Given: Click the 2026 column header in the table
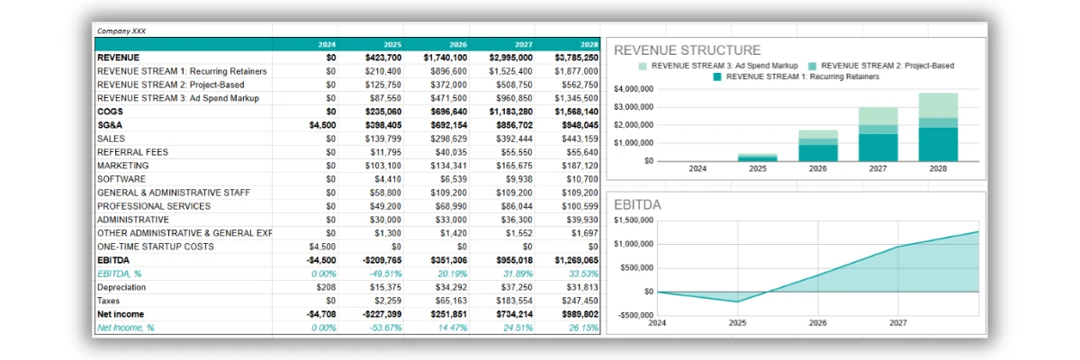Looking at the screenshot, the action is click(x=457, y=44).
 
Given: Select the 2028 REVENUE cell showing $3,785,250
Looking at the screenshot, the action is click(x=576, y=58).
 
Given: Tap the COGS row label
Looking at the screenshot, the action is click(x=110, y=112).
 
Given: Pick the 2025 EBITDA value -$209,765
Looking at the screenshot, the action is click(x=382, y=260).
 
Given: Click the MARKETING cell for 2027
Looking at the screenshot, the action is click(x=515, y=166).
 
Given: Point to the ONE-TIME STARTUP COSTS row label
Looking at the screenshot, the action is click(x=155, y=247).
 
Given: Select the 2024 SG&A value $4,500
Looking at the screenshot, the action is click(x=322, y=125).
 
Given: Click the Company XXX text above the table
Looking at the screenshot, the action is click(x=121, y=31).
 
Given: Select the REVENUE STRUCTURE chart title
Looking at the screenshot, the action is click(x=687, y=50).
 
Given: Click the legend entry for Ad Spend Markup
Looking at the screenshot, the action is click(x=718, y=66).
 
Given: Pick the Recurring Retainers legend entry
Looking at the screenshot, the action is click(x=796, y=77).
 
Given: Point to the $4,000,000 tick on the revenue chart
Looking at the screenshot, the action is click(x=634, y=89).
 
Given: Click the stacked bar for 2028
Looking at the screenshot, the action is click(x=938, y=127).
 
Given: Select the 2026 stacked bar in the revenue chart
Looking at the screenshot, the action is click(x=818, y=146).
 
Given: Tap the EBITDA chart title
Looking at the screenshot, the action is click(x=637, y=205).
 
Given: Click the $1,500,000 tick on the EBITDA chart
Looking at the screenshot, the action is click(x=634, y=220).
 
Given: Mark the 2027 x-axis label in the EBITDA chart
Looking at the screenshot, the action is click(x=898, y=323).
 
